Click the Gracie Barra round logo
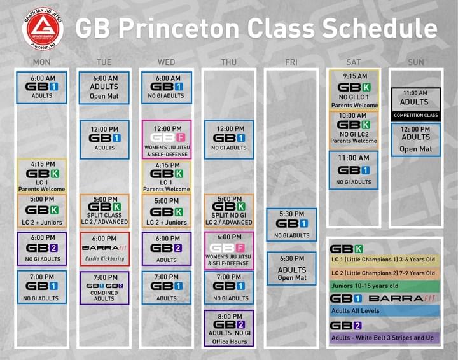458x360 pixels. click(x=43, y=29)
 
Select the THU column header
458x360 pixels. click(x=229, y=62)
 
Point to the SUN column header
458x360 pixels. click(x=415, y=62)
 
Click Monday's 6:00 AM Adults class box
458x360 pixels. click(x=41, y=88)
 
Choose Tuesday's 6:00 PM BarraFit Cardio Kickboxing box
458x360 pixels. click(x=104, y=249)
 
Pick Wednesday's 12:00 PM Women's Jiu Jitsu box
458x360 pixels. click(x=167, y=139)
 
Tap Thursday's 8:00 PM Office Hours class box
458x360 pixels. click(x=229, y=328)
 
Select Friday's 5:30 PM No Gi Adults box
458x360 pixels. click(x=291, y=225)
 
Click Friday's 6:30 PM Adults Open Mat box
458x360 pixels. click(x=291, y=268)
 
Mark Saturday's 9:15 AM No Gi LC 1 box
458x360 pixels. click(x=354, y=90)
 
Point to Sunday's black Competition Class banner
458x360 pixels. click(x=416, y=116)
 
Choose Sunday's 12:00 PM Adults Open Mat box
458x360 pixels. click(x=416, y=139)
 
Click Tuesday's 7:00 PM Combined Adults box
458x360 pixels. click(x=104, y=288)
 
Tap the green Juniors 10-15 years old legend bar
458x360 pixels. click(x=385, y=286)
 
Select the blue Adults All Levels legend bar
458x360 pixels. click(x=385, y=311)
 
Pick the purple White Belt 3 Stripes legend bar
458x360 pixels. click(x=385, y=338)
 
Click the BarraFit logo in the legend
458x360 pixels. click(x=402, y=299)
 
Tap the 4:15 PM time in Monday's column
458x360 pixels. click(x=43, y=164)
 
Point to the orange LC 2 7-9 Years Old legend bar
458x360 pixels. click(x=385, y=273)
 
